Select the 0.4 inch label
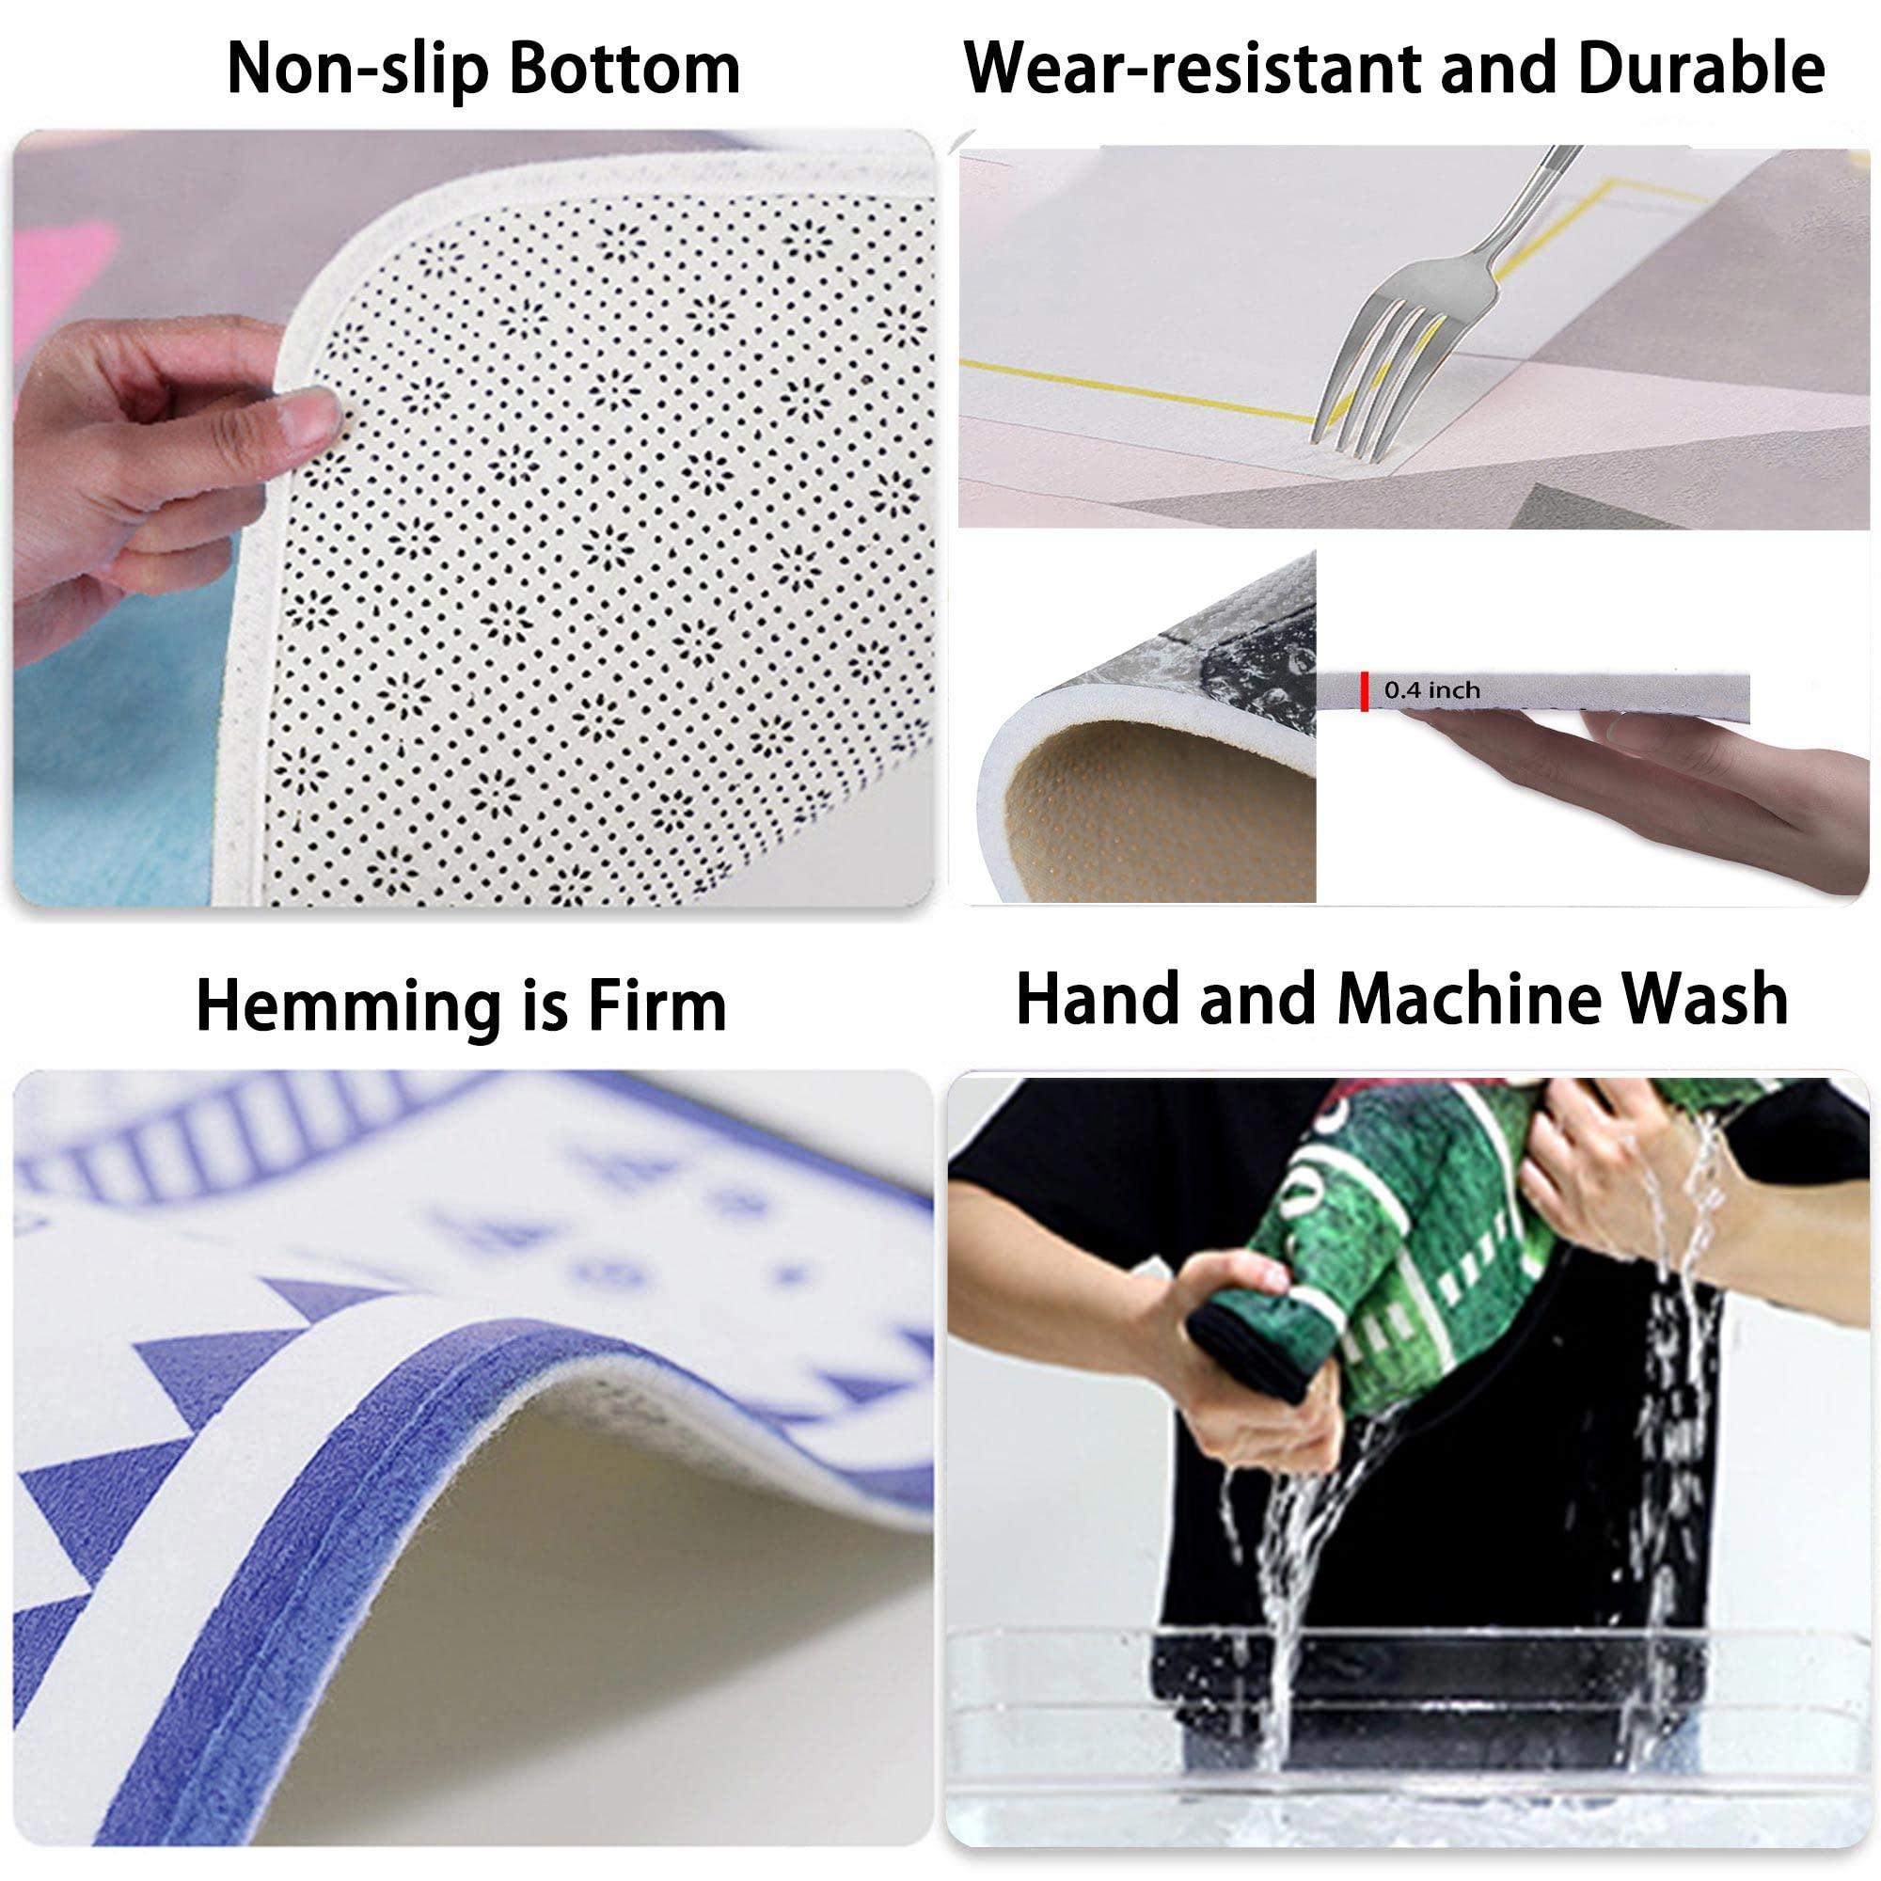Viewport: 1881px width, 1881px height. point(1431,690)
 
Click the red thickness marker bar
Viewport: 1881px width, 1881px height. point(1364,690)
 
